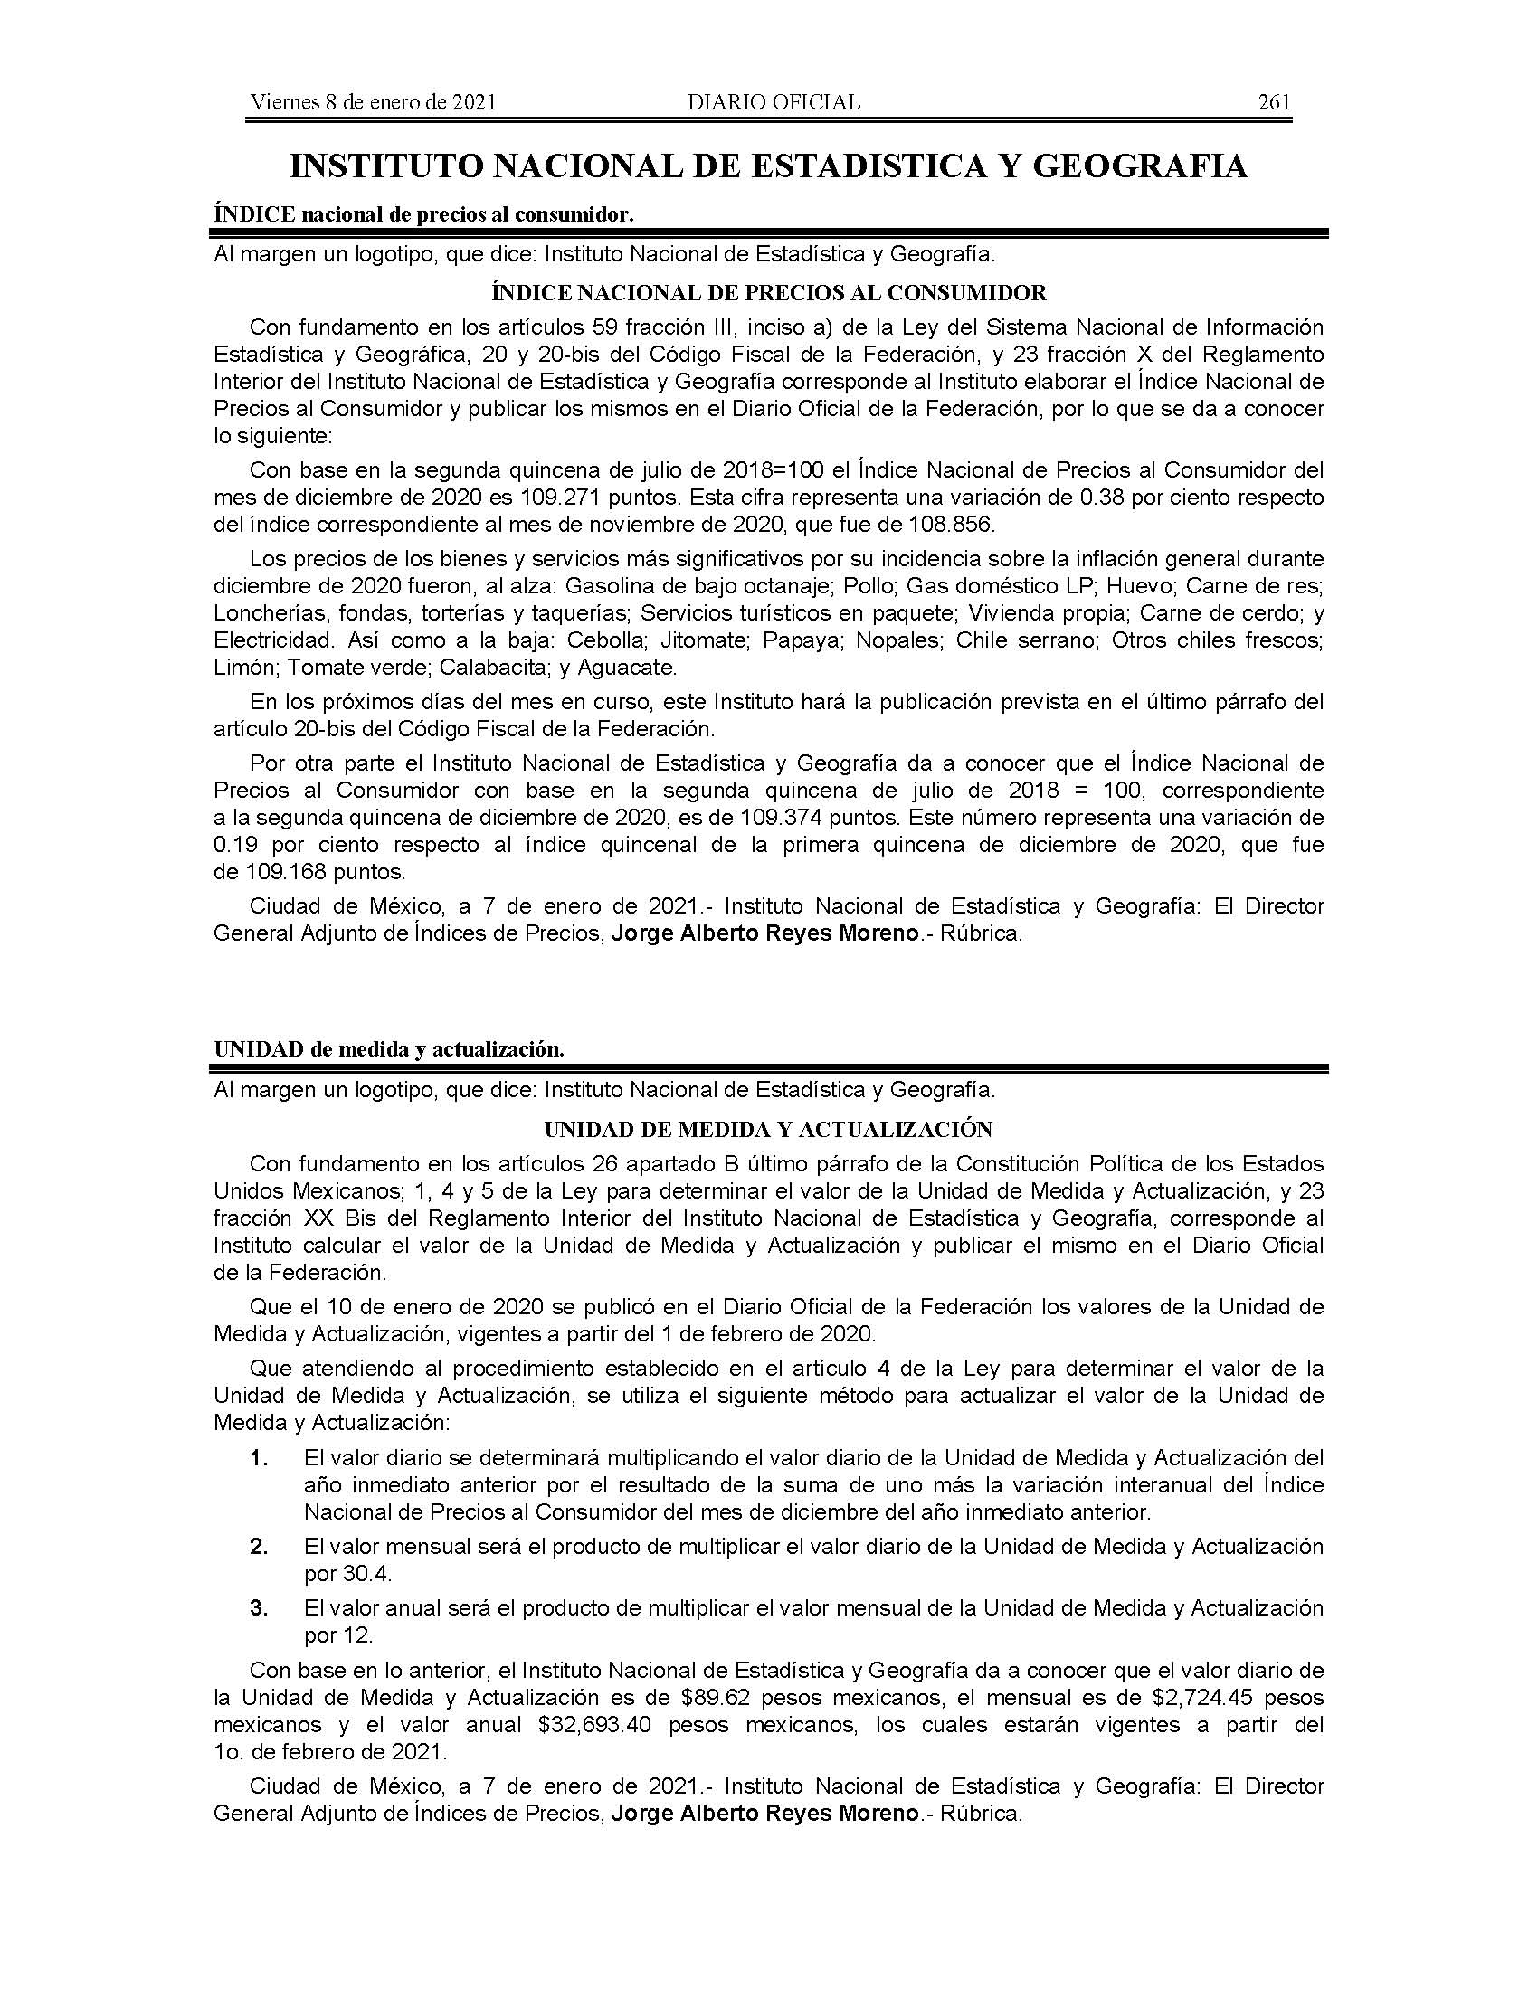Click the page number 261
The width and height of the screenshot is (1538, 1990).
(1274, 102)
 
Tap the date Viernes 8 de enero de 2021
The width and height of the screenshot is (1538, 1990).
(373, 102)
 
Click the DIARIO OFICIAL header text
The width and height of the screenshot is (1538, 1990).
(774, 102)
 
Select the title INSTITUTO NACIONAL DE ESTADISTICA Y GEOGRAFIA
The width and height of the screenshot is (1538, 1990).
(768, 166)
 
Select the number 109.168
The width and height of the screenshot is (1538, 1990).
(283, 871)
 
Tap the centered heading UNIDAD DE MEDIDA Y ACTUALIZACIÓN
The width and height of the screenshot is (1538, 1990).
(768, 1130)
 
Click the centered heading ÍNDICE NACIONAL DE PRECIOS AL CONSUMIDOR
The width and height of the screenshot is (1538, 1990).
(768, 292)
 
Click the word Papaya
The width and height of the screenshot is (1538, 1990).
(801, 640)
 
